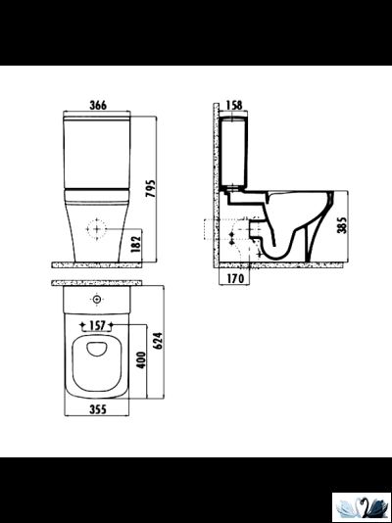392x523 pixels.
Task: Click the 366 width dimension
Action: [98, 105]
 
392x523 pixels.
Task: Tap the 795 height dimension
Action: [151, 189]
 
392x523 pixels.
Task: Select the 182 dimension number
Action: [136, 244]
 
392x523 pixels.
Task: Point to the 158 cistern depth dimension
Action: [234, 105]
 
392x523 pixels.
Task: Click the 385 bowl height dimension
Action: [342, 225]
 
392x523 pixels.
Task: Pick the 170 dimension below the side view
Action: [235, 278]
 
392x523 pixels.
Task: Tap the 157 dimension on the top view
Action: [97, 325]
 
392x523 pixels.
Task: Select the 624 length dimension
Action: [158, 340]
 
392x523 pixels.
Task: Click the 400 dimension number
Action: [142, 359]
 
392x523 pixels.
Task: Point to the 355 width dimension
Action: [98, 409]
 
